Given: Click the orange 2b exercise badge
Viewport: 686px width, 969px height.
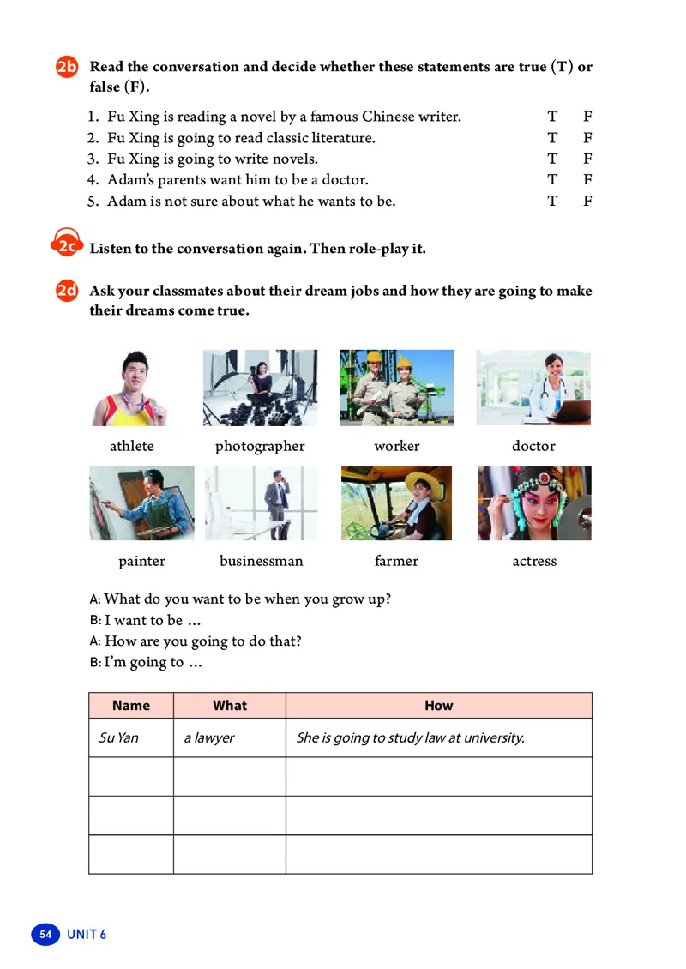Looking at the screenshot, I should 67,68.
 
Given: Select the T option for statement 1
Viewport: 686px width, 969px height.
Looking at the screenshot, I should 552,117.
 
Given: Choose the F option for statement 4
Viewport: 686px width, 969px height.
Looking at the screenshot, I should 588,180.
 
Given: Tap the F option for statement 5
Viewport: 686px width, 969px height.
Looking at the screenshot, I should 588,202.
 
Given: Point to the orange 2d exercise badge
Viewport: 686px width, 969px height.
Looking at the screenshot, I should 67,292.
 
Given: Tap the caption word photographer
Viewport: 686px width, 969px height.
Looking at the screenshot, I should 260,446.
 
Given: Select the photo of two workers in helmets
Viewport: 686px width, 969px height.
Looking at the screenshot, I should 396,388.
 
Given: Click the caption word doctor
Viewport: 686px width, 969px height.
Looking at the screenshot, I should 533,446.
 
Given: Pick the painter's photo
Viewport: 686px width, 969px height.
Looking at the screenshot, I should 141,503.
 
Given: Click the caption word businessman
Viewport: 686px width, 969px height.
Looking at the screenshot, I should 261,561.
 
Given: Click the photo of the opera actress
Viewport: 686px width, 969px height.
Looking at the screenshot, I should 533,503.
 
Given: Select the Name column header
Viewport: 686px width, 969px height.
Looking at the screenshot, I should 131,706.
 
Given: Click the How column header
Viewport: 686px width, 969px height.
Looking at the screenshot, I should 438,706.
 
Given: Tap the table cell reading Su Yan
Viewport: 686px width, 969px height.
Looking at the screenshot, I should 119,737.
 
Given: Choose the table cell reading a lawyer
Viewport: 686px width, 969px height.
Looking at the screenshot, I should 209,737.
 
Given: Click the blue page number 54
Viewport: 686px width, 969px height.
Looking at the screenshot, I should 45,934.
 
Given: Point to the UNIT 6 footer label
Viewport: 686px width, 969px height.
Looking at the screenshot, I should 87,934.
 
